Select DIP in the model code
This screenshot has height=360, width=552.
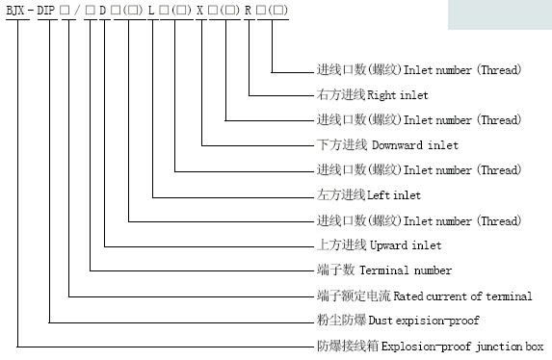(x=48, y=12)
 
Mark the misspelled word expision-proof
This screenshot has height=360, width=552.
(x=438, y=321)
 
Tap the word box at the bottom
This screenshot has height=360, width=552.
(x=534, y=346)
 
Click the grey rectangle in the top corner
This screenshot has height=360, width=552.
(x=499, y=13)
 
